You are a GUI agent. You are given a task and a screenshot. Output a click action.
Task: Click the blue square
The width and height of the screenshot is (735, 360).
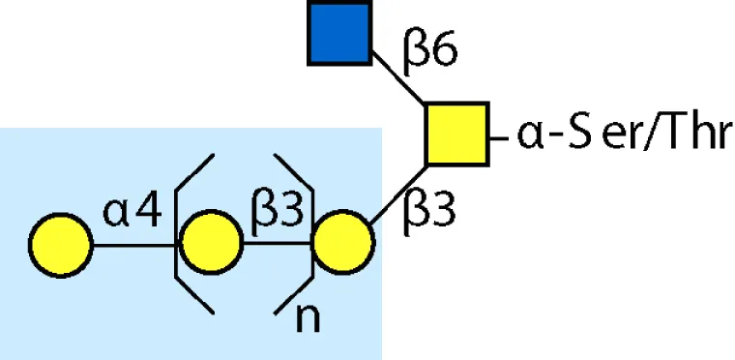[339, 33]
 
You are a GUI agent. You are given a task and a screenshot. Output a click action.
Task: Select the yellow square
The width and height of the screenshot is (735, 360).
[457, 135]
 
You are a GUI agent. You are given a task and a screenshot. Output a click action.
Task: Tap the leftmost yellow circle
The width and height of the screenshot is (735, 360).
[61, 245]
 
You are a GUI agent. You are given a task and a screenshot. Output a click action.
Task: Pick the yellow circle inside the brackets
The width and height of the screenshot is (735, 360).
[211, 242]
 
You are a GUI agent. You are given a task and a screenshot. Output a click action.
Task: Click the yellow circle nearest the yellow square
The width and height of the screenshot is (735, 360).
[343, 242]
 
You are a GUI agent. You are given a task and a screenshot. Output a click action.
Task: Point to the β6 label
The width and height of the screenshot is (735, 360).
[429, 52]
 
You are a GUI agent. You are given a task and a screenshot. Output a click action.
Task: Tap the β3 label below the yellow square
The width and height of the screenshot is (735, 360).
[429, 212]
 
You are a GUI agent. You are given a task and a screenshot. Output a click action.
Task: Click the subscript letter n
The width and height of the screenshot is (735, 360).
[308, 319]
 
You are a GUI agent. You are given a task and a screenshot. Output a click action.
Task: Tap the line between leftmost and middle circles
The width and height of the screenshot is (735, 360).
[136, 245]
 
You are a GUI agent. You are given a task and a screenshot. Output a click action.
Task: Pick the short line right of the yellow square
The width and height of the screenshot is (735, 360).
[499, 138]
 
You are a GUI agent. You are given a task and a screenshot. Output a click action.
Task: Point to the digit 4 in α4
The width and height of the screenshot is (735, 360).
[148, 212]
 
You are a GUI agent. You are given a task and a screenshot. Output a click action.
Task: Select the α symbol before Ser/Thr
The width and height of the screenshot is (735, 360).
[530, 136]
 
